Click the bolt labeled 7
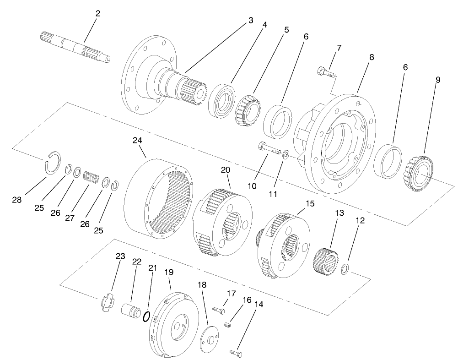(x=325, y=72)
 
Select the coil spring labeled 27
(x=92, y=176)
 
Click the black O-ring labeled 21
(x=146, y=316)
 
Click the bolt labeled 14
(x=236, y=353)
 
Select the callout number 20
(x=225, y=170)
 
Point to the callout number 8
(x=372, y=57)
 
